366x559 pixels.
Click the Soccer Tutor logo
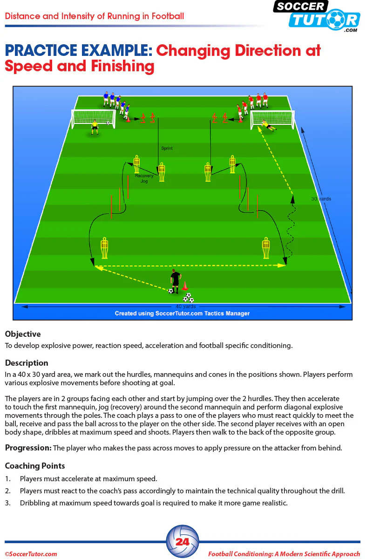click(317, 16)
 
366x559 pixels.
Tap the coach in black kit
click(176, 281)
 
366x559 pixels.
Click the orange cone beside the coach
click(184, 286)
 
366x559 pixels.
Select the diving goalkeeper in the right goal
click(268, 125)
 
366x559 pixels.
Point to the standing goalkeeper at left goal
click(95, 127)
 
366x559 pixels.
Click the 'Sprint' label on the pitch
click(167, 148)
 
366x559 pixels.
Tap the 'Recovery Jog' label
click(144, 178)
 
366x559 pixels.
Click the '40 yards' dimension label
click(186, 307)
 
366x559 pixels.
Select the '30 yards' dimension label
click(321, 199)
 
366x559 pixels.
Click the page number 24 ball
click(183, 542)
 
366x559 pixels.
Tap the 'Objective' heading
click(23, 334)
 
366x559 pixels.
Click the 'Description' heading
click(27, 363)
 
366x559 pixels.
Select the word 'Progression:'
click(28, 448)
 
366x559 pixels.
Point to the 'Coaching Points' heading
click(35, 466)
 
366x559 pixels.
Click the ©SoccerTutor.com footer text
click(31, 554)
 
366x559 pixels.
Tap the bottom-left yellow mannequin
click(104, 248)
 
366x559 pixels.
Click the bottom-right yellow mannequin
click(266, 248)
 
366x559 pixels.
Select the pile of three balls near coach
click(188, 298)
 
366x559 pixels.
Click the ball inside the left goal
click(108, 123)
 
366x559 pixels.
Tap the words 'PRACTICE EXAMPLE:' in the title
click(79, 50)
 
